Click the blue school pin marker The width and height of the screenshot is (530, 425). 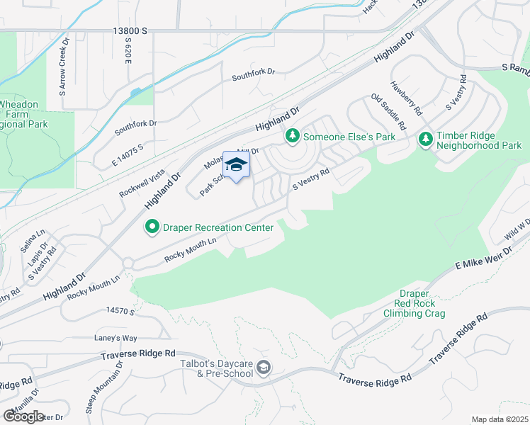pyautogui.click(x=237, y=166)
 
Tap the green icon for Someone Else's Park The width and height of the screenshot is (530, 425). pyautogui.click(x=291, y=135)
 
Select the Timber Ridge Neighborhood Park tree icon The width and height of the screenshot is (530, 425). pyautogui.click(x=426, y=140)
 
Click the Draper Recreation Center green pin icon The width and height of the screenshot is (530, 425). pyautogui.click(x=152, y=227)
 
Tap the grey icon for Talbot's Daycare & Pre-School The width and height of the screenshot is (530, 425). pyautogui.click(x=264, y=366)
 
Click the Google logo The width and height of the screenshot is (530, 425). pyautogui.click(x=23, y=416)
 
